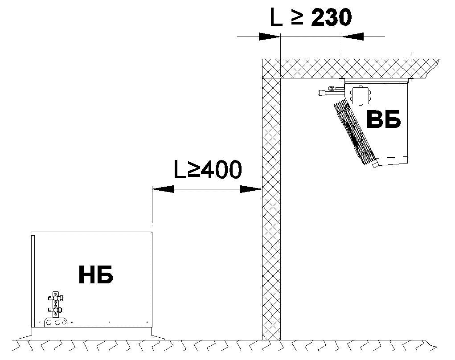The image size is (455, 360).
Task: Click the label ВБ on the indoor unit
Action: [384, 119]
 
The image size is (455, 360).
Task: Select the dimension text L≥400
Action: [208, 170]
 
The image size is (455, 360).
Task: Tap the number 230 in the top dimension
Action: [332, 17]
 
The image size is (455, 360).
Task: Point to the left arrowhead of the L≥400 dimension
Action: [163, 189]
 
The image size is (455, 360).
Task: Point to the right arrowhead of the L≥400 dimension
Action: [251, 189]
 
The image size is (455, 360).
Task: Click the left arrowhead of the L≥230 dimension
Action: [270, 37]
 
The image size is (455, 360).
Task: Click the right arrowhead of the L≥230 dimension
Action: [353, 37]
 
